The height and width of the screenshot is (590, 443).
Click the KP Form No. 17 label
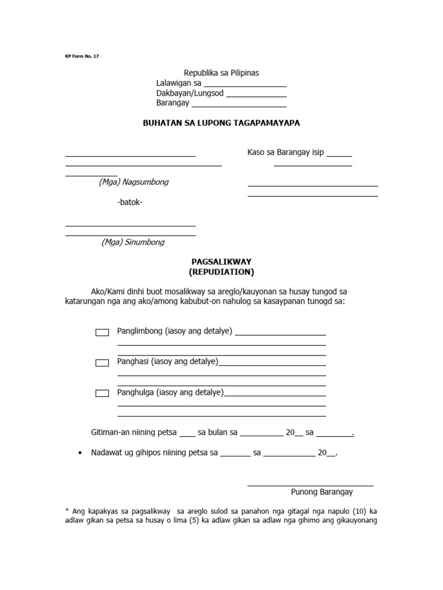coord(82,56)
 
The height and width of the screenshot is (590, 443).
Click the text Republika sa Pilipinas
coord(221,73)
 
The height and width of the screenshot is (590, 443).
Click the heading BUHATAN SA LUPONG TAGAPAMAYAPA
coord(221,123)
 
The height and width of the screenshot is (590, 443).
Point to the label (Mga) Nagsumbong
coord(133,182)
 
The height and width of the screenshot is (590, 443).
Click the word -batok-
coord(130,202)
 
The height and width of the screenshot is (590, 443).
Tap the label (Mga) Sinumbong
coord(133,242)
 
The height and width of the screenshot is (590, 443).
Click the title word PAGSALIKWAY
coord(221,262)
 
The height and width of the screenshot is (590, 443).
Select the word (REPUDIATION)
coord(221,272)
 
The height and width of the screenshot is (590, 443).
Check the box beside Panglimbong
coord(102,332)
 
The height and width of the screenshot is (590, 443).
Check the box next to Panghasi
coord(102,363)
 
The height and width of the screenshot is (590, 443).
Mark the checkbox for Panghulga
coord(102,394)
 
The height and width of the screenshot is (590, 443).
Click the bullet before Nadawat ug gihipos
coord(80,453)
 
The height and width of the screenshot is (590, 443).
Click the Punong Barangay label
coord(322,492)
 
